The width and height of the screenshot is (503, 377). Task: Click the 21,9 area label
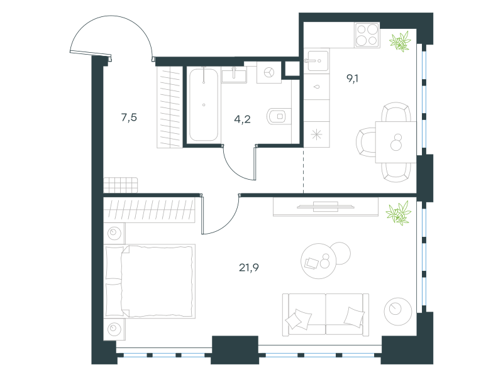coord(248,268)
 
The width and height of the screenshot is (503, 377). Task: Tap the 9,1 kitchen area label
coord(353,78)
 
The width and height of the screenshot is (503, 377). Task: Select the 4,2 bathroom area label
coord(242,119)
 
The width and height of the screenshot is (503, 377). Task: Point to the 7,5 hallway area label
coord(129,117)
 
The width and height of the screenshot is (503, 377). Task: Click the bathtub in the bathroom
coord(203,104)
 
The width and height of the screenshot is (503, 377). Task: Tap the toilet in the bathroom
coord(279,116)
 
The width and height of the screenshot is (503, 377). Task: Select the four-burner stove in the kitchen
coord(367,35)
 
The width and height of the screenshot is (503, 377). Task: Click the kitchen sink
coord(316,61)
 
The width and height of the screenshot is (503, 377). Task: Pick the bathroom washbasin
coord(234,75)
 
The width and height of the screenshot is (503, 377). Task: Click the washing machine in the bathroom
coord(269,72)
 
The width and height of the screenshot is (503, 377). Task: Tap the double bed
coord(150,281)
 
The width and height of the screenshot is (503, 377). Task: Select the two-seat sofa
coord(326,315)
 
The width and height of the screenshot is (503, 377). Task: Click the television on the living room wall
coord(325,207)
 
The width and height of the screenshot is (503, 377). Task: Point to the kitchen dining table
coord(396,142)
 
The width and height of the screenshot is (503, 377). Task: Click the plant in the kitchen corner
coord(400,41)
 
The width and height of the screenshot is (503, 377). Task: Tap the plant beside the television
coord(399,212)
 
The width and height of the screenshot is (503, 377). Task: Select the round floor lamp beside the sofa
coord(398,311)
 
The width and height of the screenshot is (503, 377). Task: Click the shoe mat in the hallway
coord(121,185)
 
